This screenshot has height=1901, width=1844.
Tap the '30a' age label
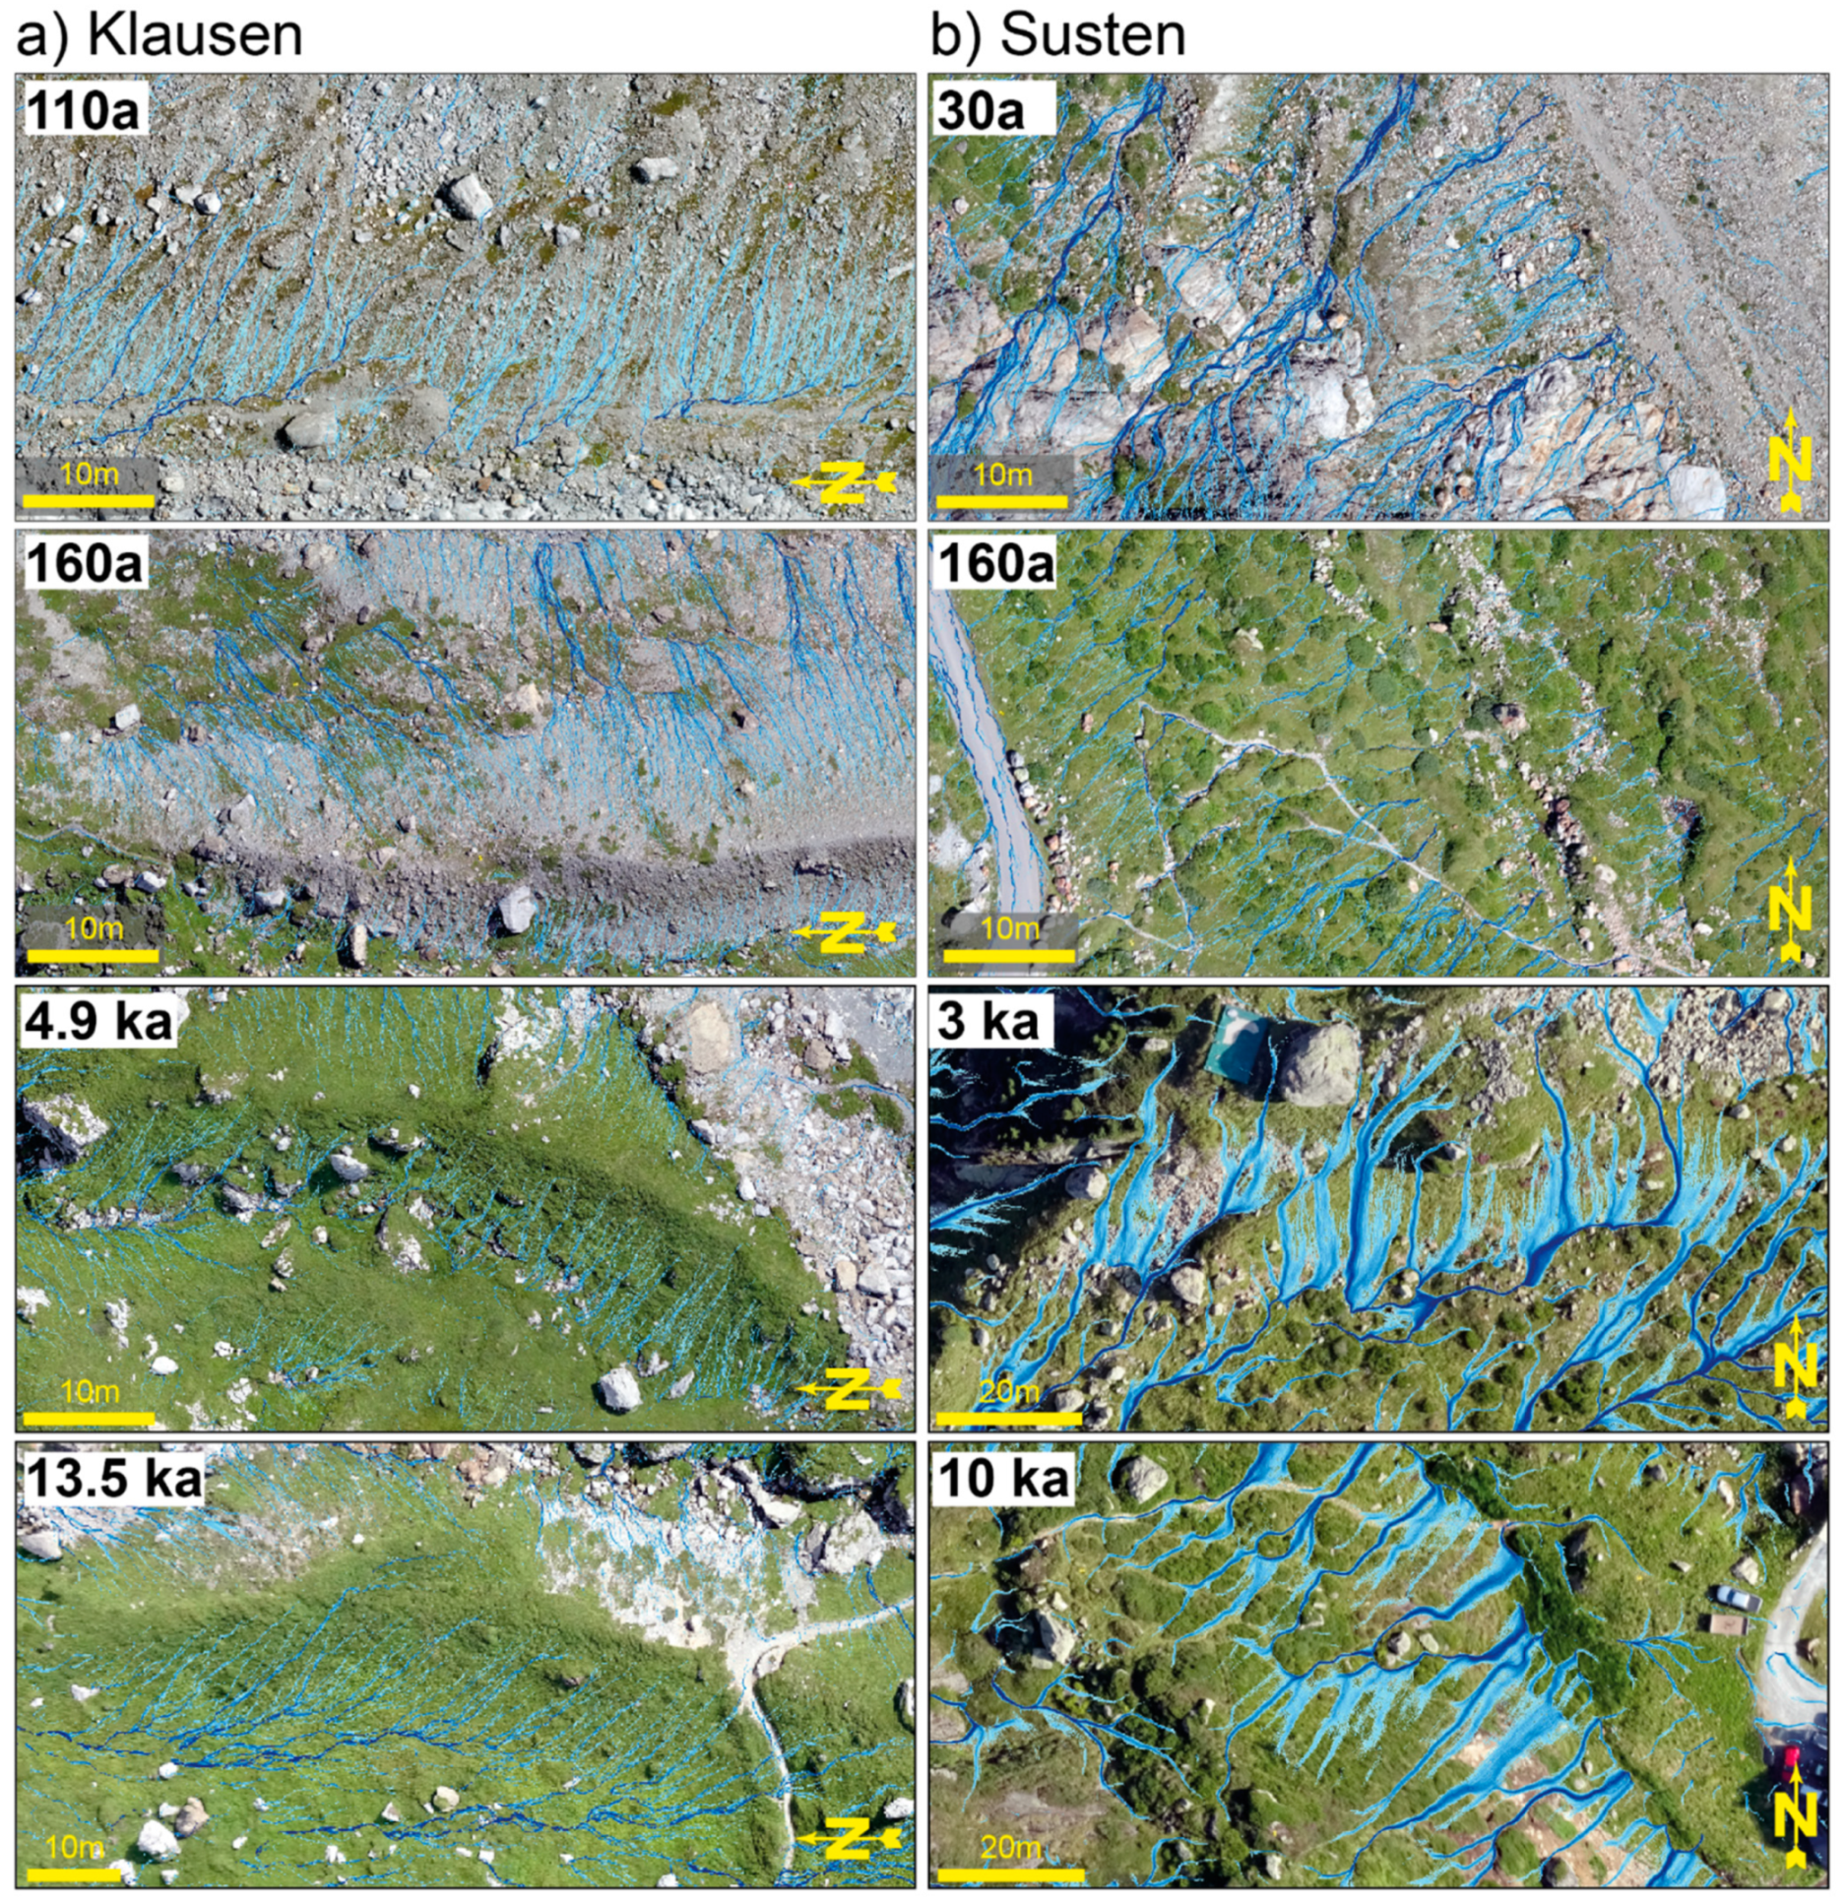coord(981,110)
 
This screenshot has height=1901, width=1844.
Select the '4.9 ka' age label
coord(98,1022)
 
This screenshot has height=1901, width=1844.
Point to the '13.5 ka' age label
coord(113,1478)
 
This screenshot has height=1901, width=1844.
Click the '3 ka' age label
coord(988,1022)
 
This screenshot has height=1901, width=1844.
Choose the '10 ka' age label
coord(1003,1478)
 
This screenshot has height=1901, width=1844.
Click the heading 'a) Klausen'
coord(159,36)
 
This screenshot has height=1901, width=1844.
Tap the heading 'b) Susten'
coord(1059,36)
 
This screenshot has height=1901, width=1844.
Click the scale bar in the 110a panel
coord(89,501)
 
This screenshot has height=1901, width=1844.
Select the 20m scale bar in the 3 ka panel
coord(1008,1419)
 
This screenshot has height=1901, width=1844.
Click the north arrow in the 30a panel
coord(1790,460)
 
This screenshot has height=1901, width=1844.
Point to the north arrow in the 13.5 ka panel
coord(848,1838)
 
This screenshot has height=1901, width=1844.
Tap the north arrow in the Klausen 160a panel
coord(845,931)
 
